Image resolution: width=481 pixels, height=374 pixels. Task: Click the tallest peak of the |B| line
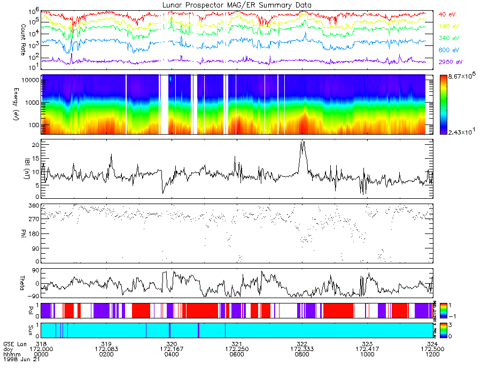pyautogui.click(x=302, y=142)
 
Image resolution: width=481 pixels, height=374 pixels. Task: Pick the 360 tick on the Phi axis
pyautogui.click(x=34, y=206)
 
